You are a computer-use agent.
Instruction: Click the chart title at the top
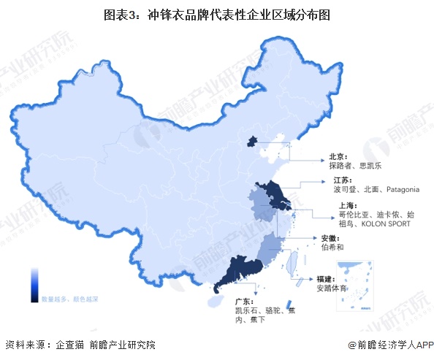click(217, 13)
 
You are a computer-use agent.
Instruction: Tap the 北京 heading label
click(337, 155)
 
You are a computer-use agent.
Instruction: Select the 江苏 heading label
click(340, 180)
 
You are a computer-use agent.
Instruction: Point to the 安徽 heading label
click(330, 238)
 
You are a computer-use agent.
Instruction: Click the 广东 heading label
click(235, 300)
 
